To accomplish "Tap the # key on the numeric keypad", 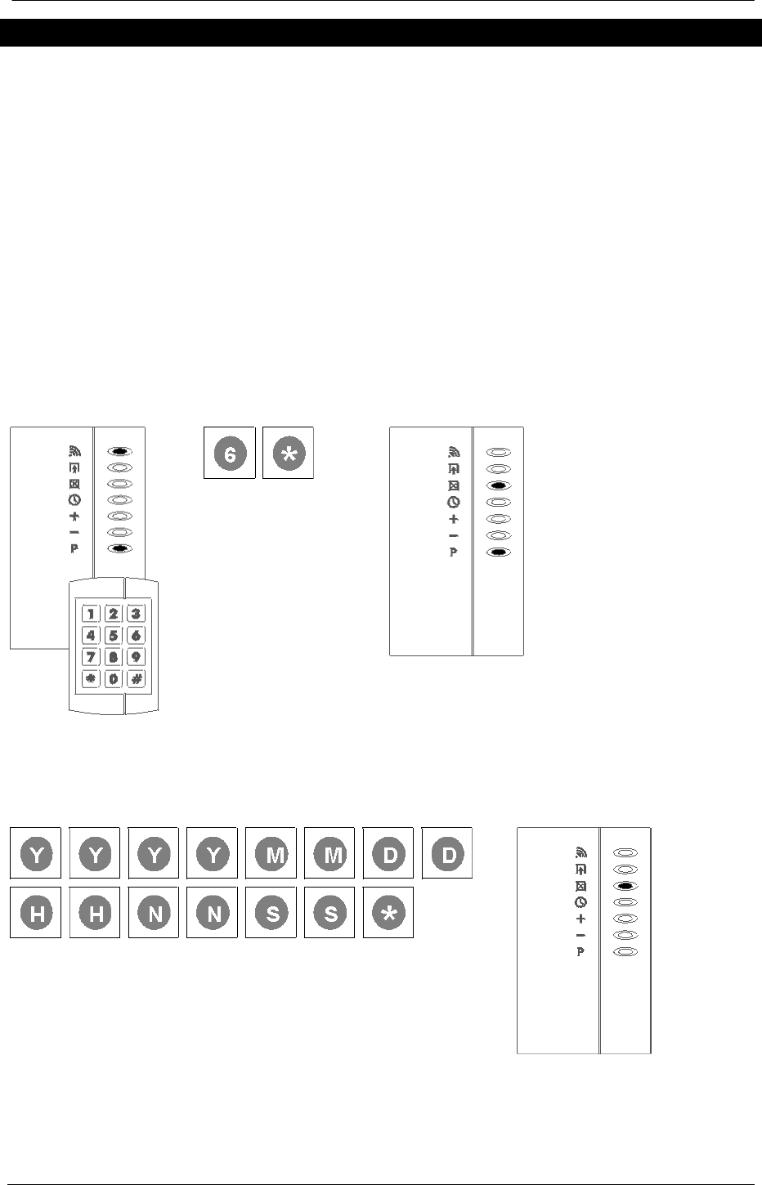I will click(x=137, y=679).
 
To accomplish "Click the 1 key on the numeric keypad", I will click(x=91, y=614).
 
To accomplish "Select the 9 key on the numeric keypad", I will click(x=137, y=657).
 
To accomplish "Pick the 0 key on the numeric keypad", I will click(x=114, y=679).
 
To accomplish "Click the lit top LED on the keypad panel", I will click(x=120, y=451).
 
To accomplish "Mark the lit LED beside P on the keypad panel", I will click(x=120, y=549).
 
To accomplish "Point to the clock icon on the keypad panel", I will click(x=74, y=499).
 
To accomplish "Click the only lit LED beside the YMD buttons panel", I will click(x=625, y=886).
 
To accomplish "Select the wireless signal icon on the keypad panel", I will click(x=74, y=450).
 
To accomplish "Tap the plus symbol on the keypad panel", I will click(x=74, y=516).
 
